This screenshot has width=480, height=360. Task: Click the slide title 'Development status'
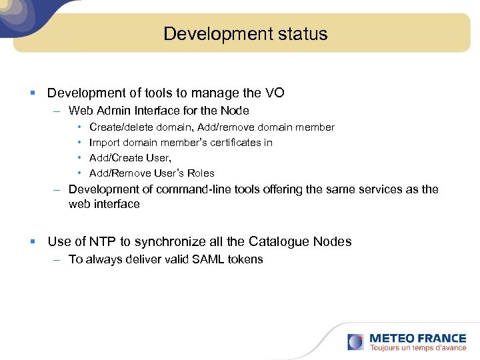point(245,34)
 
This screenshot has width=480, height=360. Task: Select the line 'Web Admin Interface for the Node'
point(159,111)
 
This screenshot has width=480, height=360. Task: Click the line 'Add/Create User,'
point(130,157)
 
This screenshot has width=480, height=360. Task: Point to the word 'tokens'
point(246,259)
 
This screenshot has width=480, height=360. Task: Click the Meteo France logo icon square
point(355,342)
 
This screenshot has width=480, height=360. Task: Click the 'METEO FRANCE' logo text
point(418,338)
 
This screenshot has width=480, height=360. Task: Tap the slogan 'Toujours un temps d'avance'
point(418,348)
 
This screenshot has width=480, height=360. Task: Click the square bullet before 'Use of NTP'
point(34,242)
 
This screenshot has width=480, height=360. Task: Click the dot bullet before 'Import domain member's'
point(79,142)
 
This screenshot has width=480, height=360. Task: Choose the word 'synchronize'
point(151,241)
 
